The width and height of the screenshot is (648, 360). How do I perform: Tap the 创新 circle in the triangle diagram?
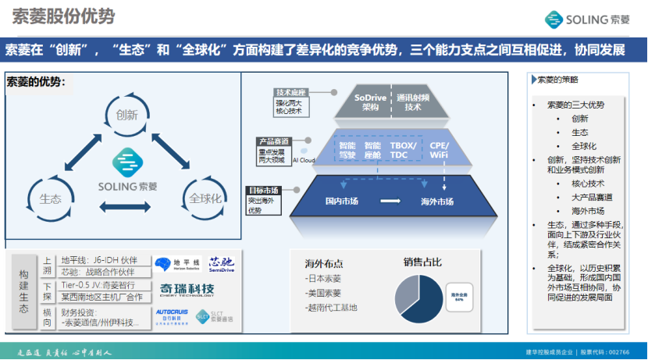tap(126, 114)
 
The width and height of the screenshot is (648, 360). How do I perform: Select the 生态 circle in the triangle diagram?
tap(51, 198)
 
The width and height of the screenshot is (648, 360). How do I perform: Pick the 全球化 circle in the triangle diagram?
tap(205, 198)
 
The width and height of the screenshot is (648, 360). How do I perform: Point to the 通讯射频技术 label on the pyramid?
tap(413, 102)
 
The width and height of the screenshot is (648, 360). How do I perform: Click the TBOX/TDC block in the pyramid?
tap(404, 150)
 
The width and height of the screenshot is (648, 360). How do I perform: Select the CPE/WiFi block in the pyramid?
tap(440, 150)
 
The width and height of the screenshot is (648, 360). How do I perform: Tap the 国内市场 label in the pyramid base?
tap(342, 201)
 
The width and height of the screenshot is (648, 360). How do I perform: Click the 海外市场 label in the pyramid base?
tap(437, 201)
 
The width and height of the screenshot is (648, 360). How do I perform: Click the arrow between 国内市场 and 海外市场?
tap(390, 201)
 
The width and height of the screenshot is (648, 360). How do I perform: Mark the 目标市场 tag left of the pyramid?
tap(265, 190)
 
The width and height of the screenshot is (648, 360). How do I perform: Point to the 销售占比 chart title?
tap(422, 262)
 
